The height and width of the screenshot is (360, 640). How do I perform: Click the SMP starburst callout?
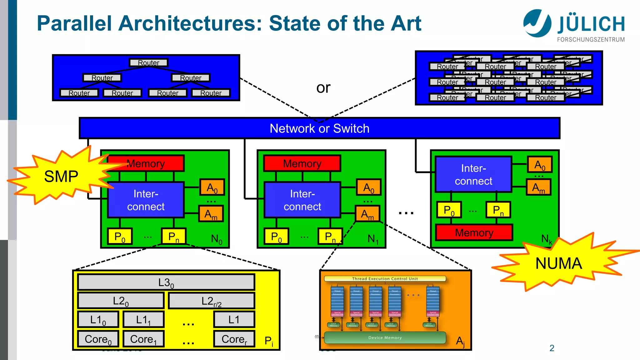pos(61,177)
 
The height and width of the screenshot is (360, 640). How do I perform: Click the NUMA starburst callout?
pos(559,263)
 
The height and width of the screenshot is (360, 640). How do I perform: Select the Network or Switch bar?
pos(319,128)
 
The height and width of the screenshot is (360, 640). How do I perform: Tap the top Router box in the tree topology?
pos(149,63)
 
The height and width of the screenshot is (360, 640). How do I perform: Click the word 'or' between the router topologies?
pos(323,88)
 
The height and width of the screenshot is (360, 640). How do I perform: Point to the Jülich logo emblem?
pos(537,23)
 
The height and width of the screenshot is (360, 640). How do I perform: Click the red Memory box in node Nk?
pos(474,233)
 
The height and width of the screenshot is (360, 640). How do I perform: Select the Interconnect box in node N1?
pos(302,200)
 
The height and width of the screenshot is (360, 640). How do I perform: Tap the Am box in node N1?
pos(367,214)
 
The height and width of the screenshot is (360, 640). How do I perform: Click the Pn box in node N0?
pos(174,237)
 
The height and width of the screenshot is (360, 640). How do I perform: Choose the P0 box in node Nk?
pos(449,210)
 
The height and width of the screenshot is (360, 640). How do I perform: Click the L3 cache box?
pos(166,282)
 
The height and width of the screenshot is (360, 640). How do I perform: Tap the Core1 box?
pos(143,339)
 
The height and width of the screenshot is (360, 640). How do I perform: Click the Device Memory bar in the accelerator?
pos(385,337)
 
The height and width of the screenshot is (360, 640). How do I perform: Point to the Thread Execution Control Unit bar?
pos(385,279)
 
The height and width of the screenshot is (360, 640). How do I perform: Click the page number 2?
pos(552,348)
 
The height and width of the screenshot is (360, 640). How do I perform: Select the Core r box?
pos(234,339)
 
